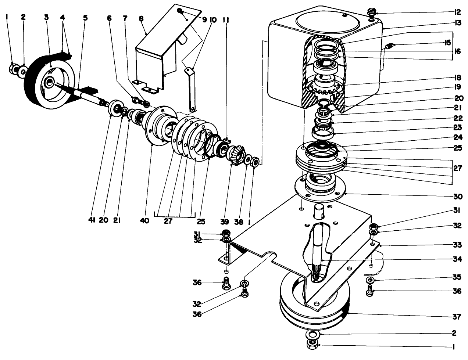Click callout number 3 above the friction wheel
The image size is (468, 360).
[46, 17]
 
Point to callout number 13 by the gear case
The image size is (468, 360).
[457, 23]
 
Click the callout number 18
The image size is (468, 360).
[457, 78]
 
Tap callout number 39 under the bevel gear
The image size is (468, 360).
[225, 221]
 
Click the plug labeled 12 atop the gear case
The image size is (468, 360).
[372, 15]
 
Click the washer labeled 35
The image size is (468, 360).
[370, 281]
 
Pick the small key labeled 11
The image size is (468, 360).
[226, 140]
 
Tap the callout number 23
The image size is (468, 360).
[457, 127]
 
